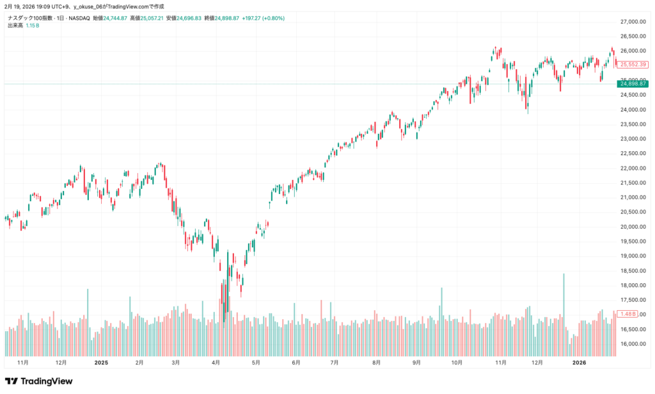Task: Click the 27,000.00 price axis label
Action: [x=633, y=22]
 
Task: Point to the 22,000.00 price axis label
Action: [x=633, y=168]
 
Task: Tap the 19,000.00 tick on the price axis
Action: [x=633, y=256]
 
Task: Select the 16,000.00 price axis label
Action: [x=633, y=344]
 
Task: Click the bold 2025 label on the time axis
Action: [x=102, y=363]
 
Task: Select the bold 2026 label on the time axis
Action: [x=579, y=363]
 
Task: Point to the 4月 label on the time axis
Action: [x=216, y=363]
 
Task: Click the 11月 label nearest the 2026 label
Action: [x=501, y=363]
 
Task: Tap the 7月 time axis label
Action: [x=335, y=363]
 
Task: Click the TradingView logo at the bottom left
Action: [x=39, y=381]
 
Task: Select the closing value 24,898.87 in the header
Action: [x=226, y=18]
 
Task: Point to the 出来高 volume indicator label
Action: [x=15, y=25]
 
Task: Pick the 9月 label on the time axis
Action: [x=416, y=363]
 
